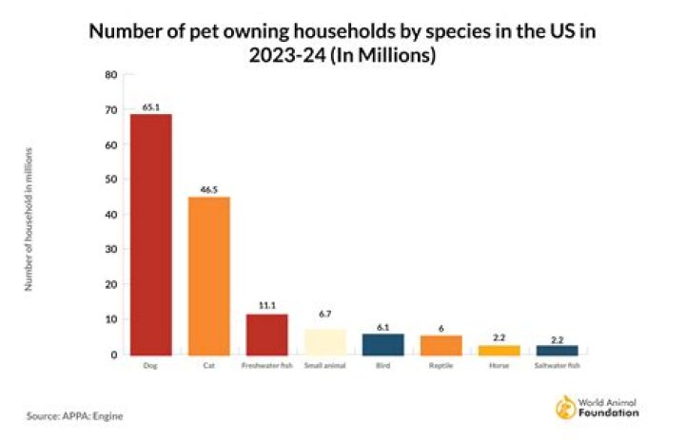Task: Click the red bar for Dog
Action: (x=150, y=234)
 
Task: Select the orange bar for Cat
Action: (x=208, y=276)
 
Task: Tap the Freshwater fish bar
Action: (x=266, y=334)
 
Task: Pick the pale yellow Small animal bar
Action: (x=324, y=342)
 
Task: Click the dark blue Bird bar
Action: (x=382, y=344)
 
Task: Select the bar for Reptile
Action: (x=440, y=345)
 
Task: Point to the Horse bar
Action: (x=499, y=350)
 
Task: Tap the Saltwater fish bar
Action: (x=557, y=350)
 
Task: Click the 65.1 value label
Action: (x=150, y=106)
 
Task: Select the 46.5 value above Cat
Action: (x=208, y=189)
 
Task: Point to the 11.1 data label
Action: (x=266, y=307)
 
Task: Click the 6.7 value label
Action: (x=324, y=313)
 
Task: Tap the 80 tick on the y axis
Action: (x=111, y=75)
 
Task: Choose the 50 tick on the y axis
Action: (x=111, y=180)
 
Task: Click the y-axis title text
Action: (x=29, y=219)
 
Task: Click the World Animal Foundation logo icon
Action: (x=564, y=408)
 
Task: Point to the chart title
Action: (x=342, y=43)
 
